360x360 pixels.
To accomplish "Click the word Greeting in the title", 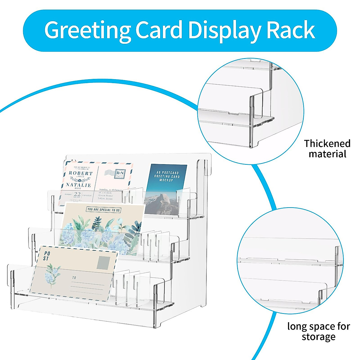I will point(87,31).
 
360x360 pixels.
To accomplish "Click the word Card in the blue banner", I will point(159,30).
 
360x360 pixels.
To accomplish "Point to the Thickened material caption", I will point(327,149).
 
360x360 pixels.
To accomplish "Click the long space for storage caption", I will point(319,331).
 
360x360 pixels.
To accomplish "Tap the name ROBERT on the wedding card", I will point(81,173).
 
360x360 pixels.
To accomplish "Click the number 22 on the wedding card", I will point(77,194).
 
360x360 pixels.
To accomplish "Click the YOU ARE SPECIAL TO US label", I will point(103,210).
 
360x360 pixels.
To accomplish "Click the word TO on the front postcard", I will point(74,278).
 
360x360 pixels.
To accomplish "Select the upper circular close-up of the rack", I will point(250,111).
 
